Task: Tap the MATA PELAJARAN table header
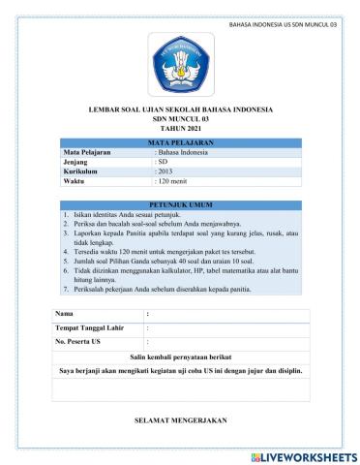[x=180, y=142]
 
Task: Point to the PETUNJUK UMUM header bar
[x=180, y=203]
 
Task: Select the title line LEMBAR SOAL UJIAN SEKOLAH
[x=180, y=109]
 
